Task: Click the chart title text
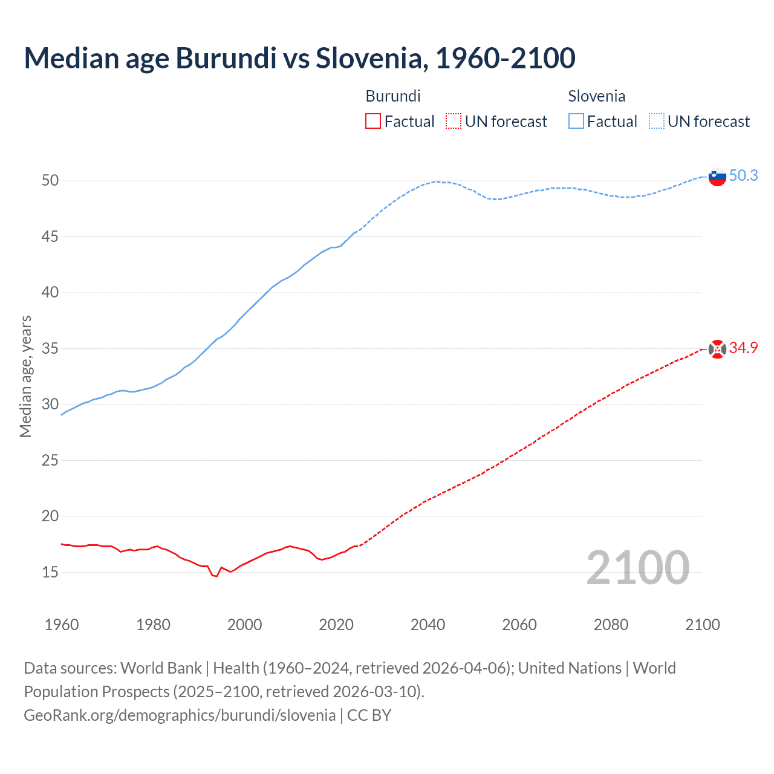[299, 58]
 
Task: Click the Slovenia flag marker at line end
[717, 177]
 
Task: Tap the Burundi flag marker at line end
[717, 349]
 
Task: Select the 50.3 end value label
[743, 175]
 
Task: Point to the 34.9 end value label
[743, 348]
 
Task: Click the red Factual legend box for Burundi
[373, 122]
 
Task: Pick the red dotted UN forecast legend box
[454, 122]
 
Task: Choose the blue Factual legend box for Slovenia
[576, 122]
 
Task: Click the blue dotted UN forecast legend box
[656, 122]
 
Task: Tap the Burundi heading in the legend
[393, 96]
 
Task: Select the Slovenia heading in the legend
[596, 96]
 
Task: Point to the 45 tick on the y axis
[50, 236]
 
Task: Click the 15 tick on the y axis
[50, 572]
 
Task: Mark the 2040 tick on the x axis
[428, 625]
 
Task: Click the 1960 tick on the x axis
[62, 625]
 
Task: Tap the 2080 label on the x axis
[611, 625]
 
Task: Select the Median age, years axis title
[25, 376]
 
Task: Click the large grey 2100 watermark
[637, 567]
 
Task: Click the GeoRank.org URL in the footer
[179, 715]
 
